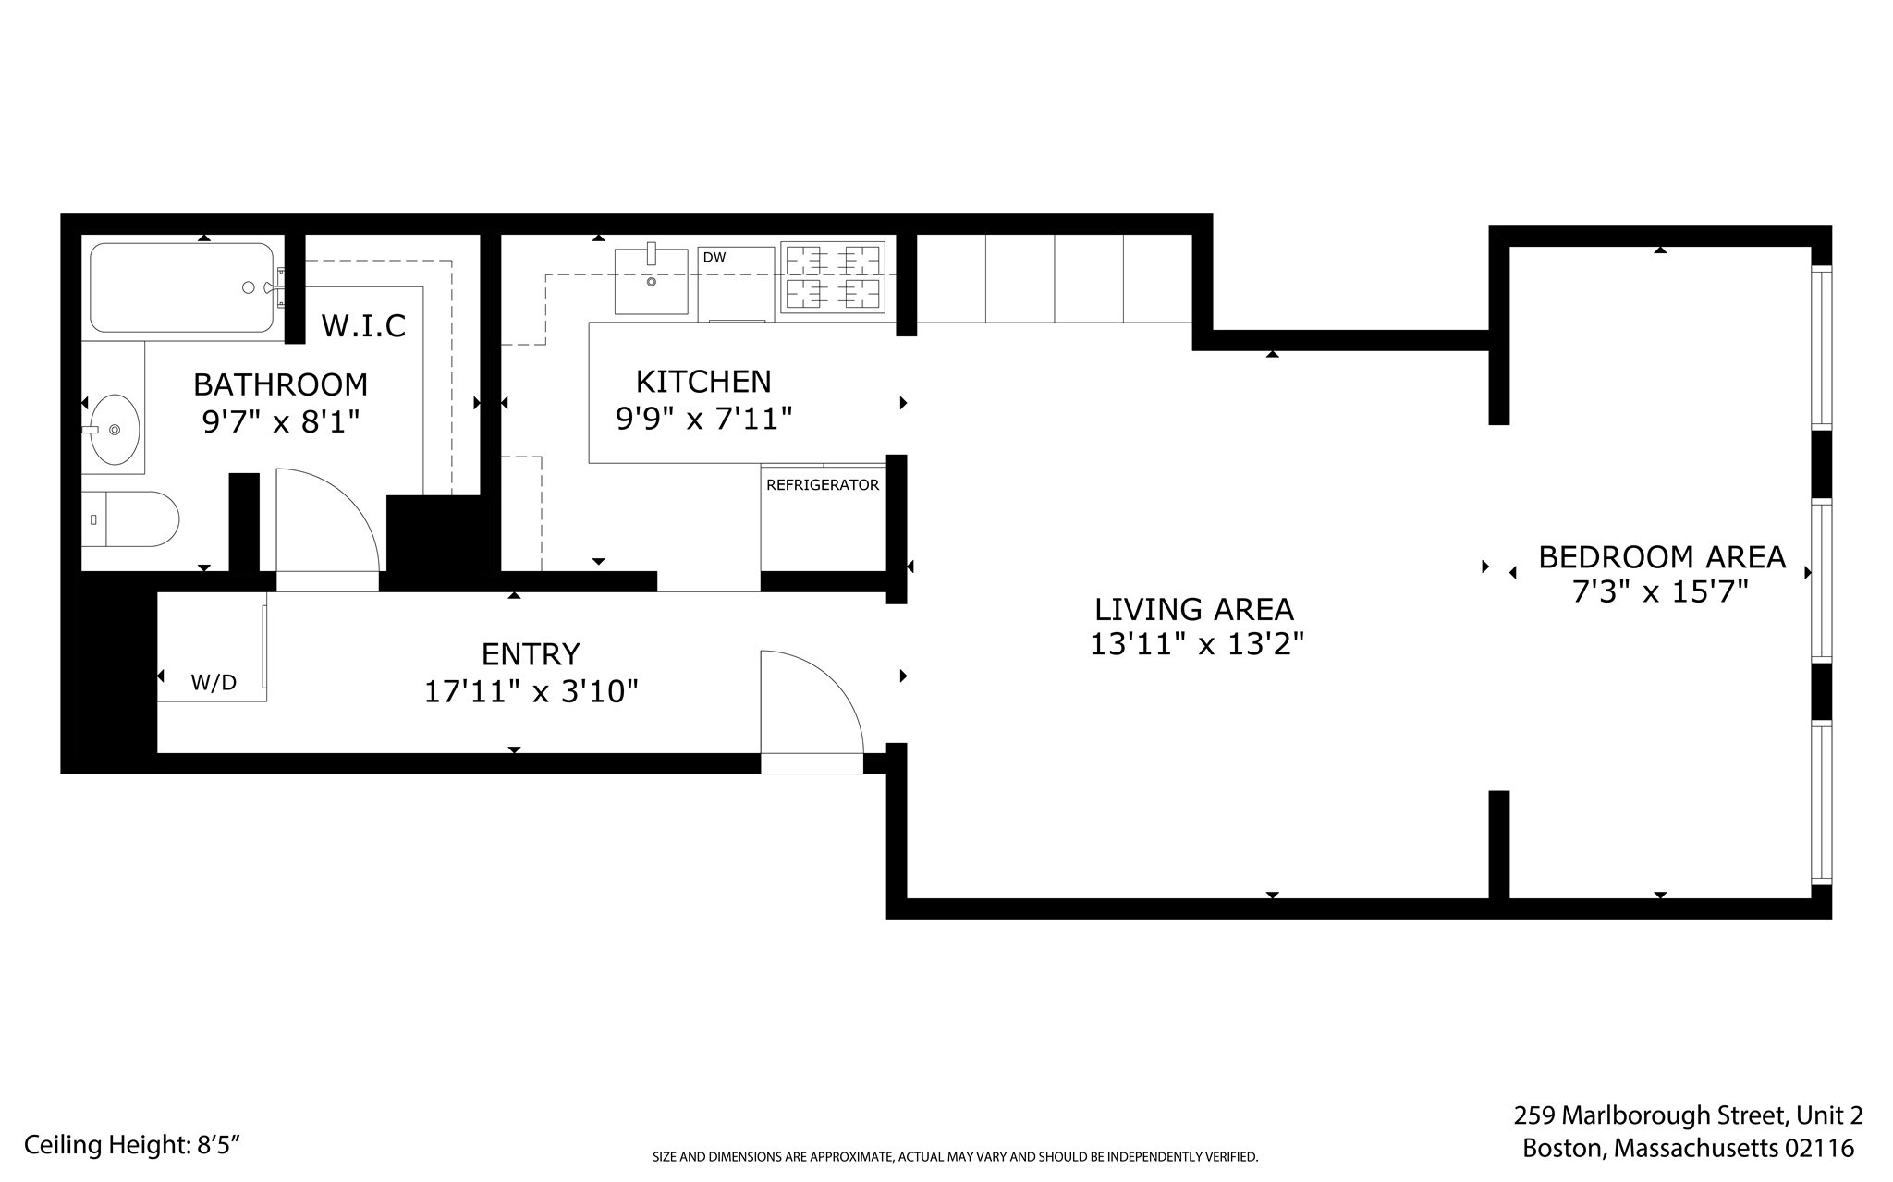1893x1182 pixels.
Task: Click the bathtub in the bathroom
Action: coord(181,287)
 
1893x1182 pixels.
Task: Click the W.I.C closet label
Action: coord(363,326)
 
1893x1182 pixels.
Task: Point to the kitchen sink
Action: coord(651,280)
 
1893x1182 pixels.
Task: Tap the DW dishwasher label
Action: coord(714,258)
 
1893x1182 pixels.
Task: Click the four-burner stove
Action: coord(832,276)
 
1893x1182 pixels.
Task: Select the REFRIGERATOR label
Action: coord(823,485)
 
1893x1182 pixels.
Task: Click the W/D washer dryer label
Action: coord(214,683)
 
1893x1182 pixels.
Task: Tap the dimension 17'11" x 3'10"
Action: coord(531,691)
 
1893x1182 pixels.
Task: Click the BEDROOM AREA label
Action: coord(1661,557)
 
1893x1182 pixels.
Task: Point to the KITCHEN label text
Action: coord(703,382)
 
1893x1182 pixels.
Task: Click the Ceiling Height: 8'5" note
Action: coord(132,1145)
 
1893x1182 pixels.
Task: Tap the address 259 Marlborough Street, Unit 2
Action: coord(1687,1115)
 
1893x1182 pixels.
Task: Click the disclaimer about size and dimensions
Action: coord(955,1157)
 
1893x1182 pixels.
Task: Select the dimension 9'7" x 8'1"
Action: coord(280,422)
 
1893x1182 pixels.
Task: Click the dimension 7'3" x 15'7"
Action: coord(1660,592)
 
